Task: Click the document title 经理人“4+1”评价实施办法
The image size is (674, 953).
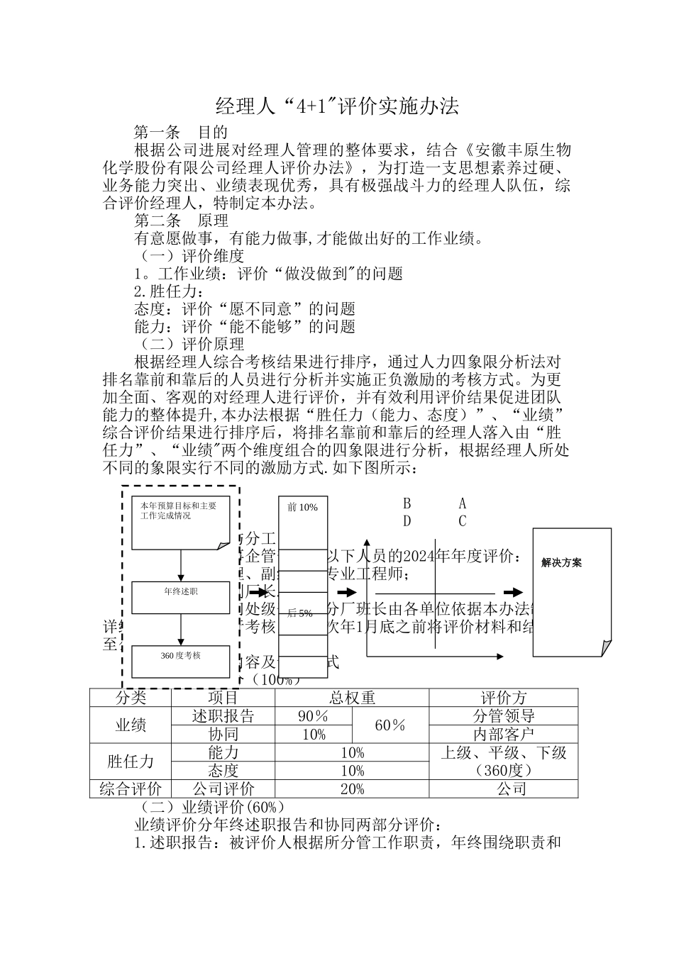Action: [337, 106]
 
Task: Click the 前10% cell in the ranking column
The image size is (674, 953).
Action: [303, 507]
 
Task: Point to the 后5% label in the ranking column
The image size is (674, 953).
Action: [300, 613]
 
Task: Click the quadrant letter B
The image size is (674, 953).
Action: [407, 504]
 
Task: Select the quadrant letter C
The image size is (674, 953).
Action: [463, 522]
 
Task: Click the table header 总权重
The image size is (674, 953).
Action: [352, 698]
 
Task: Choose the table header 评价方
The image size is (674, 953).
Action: [504, 698]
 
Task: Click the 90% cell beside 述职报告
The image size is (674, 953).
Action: [314, 716]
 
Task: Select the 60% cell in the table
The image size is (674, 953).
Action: [390, 725]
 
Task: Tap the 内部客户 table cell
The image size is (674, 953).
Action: [504, 735]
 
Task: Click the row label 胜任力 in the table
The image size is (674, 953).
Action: [131, 762]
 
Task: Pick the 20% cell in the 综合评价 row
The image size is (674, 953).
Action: [352, 789]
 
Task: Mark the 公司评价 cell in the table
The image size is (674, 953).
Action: [223, 789]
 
